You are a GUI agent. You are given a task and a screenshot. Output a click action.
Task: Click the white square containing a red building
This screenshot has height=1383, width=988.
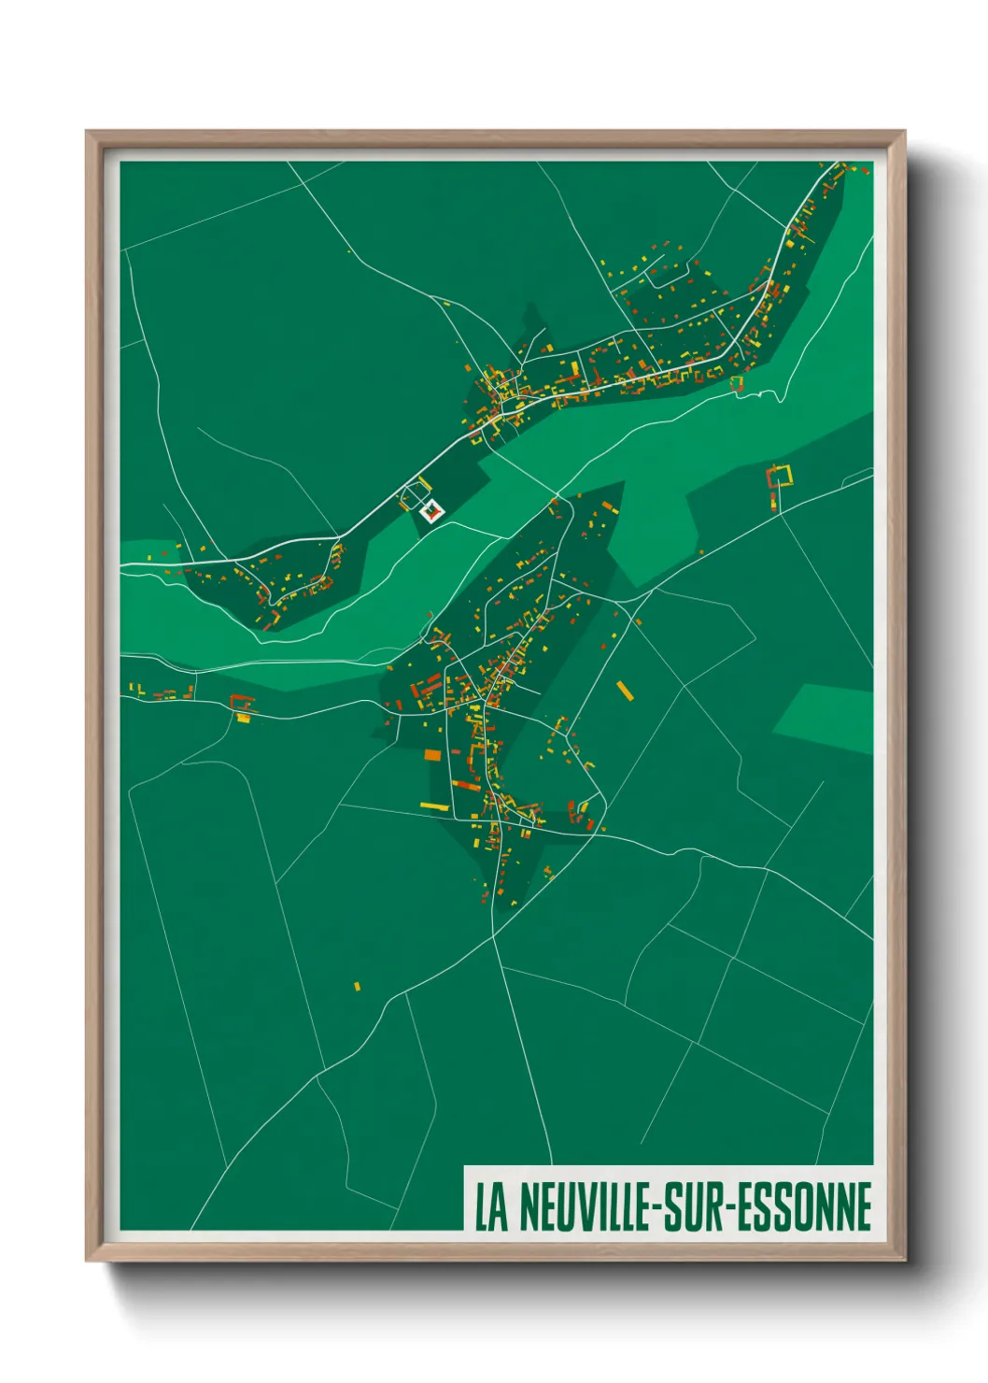click(x=431, y=511)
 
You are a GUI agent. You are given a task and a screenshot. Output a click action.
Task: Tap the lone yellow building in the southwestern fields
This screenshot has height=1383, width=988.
click(x=357, y=985)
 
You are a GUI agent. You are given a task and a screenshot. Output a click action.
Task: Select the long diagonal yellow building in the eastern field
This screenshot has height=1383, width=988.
click(x=624, y=691)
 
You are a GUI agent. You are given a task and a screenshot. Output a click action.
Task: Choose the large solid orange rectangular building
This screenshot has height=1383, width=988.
click(x=432, y=754)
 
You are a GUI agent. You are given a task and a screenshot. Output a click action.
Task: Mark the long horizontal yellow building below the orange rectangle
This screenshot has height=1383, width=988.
click(x=434, y=806)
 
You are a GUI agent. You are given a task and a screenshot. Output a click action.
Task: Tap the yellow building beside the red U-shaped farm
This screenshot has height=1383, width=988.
click(x=243, y=718)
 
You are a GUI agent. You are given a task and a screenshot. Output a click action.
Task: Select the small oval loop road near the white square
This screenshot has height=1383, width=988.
click(x=411, y=493)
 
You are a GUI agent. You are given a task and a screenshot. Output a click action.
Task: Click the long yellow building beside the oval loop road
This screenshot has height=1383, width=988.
click(x=423, y=483)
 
